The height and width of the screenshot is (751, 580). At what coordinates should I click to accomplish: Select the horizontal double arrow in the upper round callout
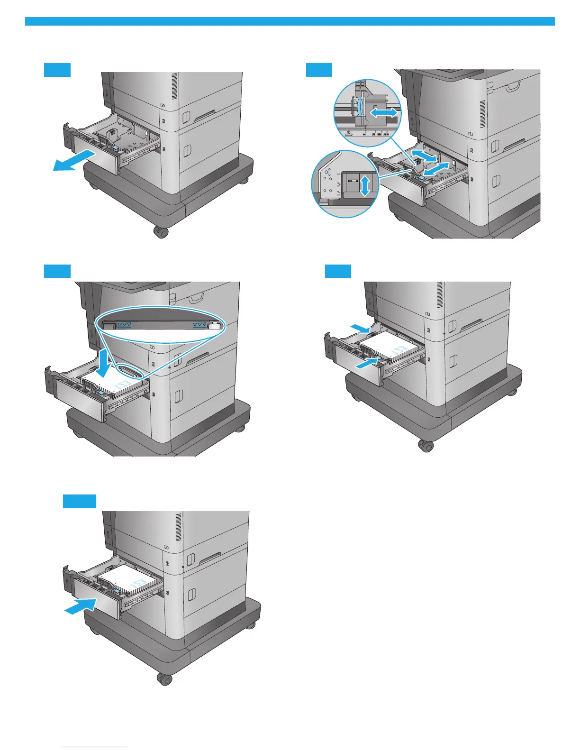tap(383, 112)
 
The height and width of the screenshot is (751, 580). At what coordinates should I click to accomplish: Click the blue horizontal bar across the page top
tap(290, 21)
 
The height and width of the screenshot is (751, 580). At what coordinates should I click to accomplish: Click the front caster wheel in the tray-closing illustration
tap(164, 679)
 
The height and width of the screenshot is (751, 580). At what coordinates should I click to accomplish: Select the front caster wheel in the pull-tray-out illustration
tap(161, 232)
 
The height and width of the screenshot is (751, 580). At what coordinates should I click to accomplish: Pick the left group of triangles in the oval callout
tap(124, 324)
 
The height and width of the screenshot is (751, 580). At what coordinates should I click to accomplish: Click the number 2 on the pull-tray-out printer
tap(163, 121)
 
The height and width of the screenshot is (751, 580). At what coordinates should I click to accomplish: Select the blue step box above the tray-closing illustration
tap(80, 501)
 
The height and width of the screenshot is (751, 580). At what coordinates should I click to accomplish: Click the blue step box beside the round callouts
tap(319, 69)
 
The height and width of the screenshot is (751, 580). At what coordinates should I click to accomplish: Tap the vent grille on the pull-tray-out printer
tap(174, 86)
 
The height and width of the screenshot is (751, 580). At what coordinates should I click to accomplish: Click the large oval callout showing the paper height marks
tap(161, 324)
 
